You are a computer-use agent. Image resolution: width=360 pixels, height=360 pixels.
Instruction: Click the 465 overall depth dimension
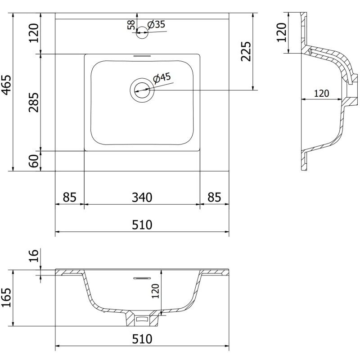coord(6,85)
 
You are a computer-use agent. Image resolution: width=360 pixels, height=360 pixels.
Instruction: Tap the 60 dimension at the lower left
coord(34,161)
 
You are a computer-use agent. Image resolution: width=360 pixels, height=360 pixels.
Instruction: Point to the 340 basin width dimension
coord(142,197)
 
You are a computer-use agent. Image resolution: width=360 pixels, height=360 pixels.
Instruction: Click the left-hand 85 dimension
coord(69,197)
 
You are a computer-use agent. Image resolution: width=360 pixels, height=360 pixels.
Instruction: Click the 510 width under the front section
coord(142,338)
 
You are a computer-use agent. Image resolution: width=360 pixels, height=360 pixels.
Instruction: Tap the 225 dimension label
coord(245,52)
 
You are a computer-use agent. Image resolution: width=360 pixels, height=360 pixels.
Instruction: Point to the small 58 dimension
coord(131,25)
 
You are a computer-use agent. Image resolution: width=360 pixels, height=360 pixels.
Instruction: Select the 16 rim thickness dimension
coord(34,256)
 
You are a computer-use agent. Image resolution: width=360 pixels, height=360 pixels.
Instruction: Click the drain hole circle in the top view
coord(142,89)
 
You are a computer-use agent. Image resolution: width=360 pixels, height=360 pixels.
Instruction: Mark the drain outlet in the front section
coord(143,319)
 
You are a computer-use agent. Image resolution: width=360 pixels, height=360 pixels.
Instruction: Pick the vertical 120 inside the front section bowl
coord(156,292)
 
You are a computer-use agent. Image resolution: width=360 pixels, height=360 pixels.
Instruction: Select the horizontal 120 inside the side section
coord(321,94)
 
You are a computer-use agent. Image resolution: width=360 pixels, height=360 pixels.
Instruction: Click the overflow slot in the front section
coord(142,278)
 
